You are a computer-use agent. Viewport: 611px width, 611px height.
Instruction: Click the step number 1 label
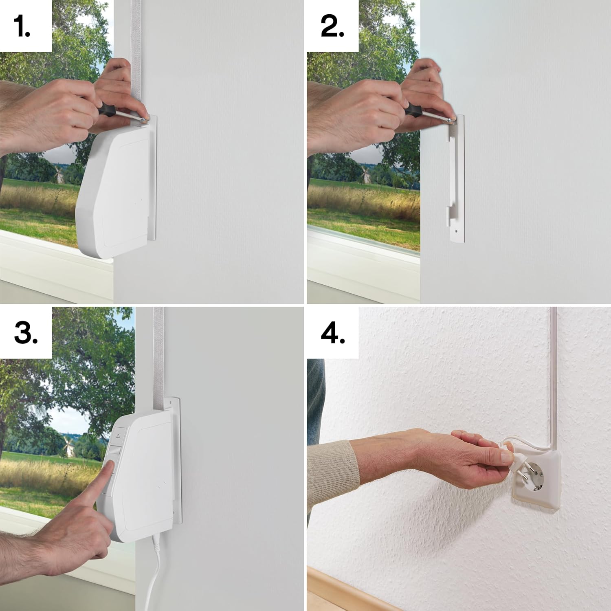(22, 26)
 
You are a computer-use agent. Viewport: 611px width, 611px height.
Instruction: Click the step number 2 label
(332, 26)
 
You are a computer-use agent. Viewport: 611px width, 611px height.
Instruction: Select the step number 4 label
(333, 333)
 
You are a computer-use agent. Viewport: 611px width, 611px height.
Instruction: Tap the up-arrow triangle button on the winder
(118, 436)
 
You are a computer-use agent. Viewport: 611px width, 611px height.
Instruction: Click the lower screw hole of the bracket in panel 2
(456, 231)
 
